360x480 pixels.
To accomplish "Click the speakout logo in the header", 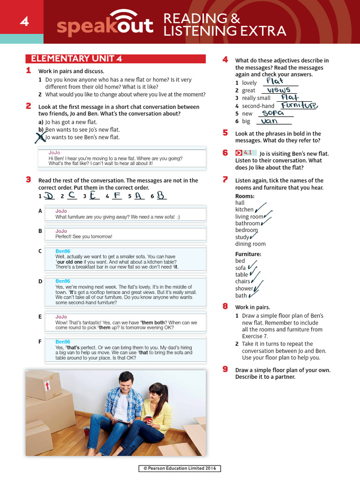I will (105, 25).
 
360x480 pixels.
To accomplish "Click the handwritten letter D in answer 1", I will (49, 196).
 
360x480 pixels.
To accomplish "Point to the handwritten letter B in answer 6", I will (161, 196).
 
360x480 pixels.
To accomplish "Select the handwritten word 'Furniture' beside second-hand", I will (299, 105).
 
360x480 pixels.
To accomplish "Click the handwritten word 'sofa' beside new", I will (273, 113).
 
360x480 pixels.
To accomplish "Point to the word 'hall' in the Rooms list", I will (240, 203).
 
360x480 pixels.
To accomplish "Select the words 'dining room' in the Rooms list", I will (250, 244).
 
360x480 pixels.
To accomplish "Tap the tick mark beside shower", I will (258, 286).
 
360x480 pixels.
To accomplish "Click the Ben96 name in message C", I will (63, 251).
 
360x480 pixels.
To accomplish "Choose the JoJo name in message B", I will (61, 231).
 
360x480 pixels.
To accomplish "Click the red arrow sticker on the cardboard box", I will (46, 385).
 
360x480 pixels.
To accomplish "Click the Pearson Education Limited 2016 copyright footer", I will (180, 469).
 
